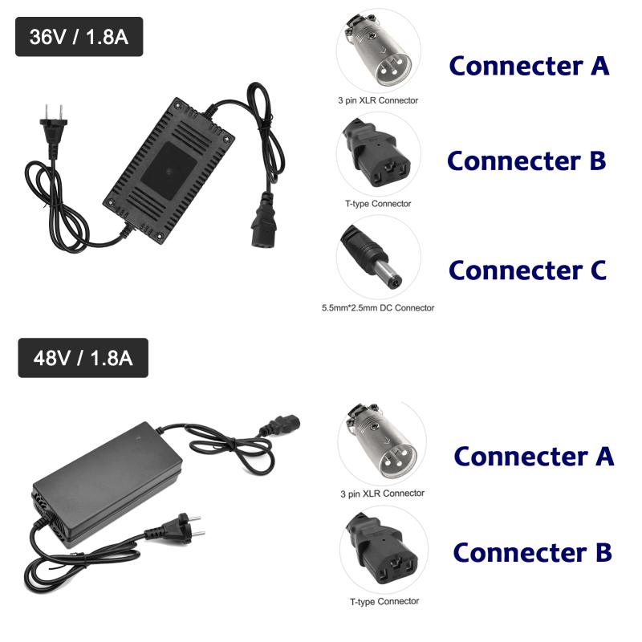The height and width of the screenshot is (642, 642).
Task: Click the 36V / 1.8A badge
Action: click(79, 37)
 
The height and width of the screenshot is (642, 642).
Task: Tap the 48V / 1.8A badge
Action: click(83, 357)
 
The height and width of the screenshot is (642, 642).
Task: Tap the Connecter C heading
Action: click(527, 270)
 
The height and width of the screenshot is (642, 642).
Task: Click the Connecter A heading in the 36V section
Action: click(529, 65)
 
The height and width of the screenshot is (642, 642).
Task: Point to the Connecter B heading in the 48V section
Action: click(532, 553)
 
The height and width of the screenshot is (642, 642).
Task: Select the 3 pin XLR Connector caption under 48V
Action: click(382, 494)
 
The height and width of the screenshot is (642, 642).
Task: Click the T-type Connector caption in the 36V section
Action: click(378, 204)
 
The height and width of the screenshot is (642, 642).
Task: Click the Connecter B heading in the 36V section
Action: click(526, 160)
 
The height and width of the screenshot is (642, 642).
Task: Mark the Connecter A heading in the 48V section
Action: click(534, 456)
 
